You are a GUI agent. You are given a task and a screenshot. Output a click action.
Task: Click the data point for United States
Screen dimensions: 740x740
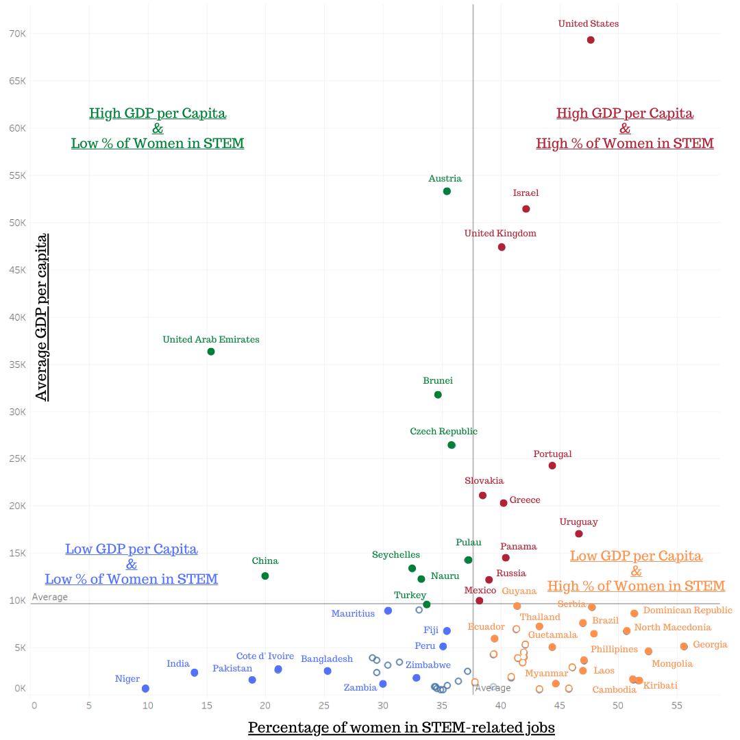point(591,40)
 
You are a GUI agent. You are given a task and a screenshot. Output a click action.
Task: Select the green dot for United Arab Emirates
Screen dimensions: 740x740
point(211,351)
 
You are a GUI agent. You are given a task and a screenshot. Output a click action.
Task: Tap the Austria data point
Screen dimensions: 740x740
point(447,191)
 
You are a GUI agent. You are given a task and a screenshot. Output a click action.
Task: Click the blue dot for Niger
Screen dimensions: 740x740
point(145,689)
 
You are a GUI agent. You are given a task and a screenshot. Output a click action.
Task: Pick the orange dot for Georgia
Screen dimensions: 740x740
point(684,646)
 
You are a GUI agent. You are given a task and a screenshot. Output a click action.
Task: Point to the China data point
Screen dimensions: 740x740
point(265,576)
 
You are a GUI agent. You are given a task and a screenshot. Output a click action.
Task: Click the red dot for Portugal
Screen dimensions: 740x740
point(552,466)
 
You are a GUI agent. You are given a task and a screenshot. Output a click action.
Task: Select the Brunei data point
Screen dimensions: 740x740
point(438,395)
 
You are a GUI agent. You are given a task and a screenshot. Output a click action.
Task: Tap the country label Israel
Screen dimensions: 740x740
point(526,193)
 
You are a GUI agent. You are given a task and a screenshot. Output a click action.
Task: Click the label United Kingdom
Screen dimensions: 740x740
point(500,234)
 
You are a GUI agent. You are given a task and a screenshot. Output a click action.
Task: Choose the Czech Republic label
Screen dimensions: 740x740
point(443,432)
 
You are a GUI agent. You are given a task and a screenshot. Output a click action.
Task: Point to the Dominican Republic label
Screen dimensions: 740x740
point(688,610)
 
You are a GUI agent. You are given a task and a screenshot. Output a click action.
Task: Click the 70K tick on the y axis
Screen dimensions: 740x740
point(17,33)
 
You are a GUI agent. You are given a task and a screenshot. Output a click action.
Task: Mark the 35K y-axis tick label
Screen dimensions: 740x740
point(17,365)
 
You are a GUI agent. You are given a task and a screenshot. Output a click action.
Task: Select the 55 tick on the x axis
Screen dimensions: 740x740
point(677,704)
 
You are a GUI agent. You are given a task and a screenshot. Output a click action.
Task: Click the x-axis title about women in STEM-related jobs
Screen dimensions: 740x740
point(401,728)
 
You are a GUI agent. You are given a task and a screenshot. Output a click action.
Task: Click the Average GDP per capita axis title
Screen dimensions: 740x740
point(42,317)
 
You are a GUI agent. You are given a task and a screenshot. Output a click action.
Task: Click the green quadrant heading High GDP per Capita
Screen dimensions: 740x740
point(158,113)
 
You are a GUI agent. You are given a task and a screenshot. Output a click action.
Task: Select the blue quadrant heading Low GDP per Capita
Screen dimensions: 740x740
point(132,550)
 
